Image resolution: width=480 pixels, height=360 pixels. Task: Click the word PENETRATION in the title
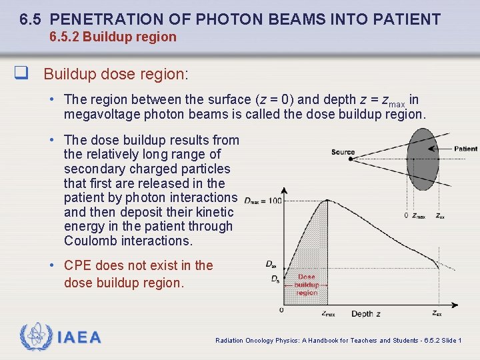pyautogui.click(x=117, y=19)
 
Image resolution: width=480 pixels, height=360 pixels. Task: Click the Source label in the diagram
pyautogui.click(x=343, y=152)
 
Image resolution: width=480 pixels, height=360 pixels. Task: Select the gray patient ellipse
pyautogui.click(x=423, y=159)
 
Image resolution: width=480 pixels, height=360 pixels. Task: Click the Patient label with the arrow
pyautogui.click(x=465, y=149)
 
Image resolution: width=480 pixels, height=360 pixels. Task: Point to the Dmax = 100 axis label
pyautogui.click(x=262, y=199)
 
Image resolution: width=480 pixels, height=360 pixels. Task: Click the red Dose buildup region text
pyautogui.click(x=307, y=285)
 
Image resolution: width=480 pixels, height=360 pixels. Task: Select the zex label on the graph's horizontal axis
pyautogui.click(x=436, y=313)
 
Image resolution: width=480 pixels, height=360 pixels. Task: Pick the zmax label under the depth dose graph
pyautogui.click(x=327, y=313)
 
